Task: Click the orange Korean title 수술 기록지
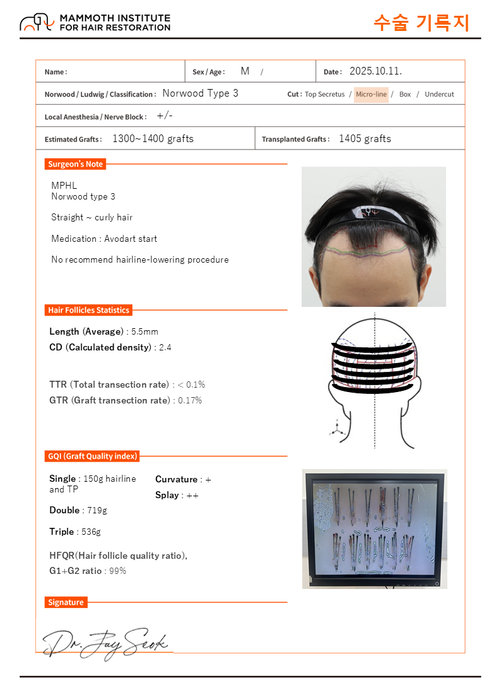(x=421, y=23)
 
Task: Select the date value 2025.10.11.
(x=375, y=71)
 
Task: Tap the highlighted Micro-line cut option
(x=371, y=94)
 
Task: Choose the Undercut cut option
(x=439, y=94)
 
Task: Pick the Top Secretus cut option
(x=324, y=94)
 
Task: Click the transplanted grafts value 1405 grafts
(x=365, y=139)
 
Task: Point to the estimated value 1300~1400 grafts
(x=153, y=139)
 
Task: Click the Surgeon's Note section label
(x=75, y=164)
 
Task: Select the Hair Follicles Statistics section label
(x=88, y=310)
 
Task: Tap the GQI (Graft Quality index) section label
(x=92, y=456)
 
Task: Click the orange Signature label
(x=66, y=602)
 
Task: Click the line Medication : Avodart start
(x=104, y=239)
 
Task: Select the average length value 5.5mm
(x=144, y=331)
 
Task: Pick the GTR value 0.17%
(x=190, y=400)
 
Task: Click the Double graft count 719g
(x=92, y=510)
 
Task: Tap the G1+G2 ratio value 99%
(x=117, y=571)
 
